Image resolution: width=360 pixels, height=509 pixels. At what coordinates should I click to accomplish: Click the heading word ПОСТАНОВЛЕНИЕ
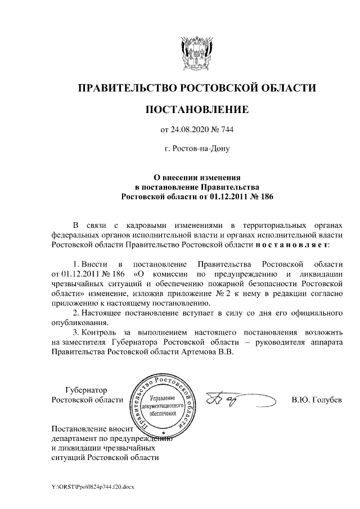pos(196,109)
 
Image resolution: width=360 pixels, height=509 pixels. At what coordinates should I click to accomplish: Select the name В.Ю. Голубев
pos(316,400)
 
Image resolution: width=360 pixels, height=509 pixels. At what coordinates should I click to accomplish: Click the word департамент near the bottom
pos(76,438)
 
